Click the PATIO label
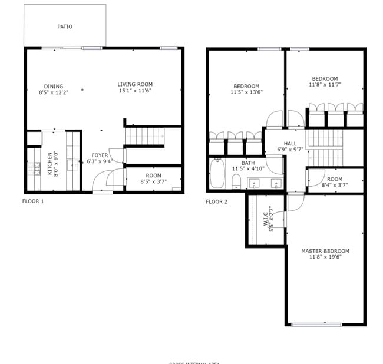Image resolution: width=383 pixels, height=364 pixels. point(65,27)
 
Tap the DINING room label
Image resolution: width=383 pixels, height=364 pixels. point(54,87)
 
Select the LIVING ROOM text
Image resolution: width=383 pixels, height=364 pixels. point(135,84)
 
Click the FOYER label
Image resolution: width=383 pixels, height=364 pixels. point(100,155)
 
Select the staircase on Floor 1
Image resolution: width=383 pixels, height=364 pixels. point(144,137)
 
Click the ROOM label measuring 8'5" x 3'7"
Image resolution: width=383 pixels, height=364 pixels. point(154,176)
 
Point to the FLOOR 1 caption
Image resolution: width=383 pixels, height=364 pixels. point(33,201)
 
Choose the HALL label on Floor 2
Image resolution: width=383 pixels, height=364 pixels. point(290,143)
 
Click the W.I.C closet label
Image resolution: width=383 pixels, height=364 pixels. point(266,219)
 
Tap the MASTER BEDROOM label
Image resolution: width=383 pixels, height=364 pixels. point(325,252)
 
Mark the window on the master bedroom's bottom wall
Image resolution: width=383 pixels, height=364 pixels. point(316,324)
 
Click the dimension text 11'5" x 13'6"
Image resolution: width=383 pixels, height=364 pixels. point(246,92)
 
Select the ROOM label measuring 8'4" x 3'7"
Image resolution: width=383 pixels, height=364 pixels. point(335,179)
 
